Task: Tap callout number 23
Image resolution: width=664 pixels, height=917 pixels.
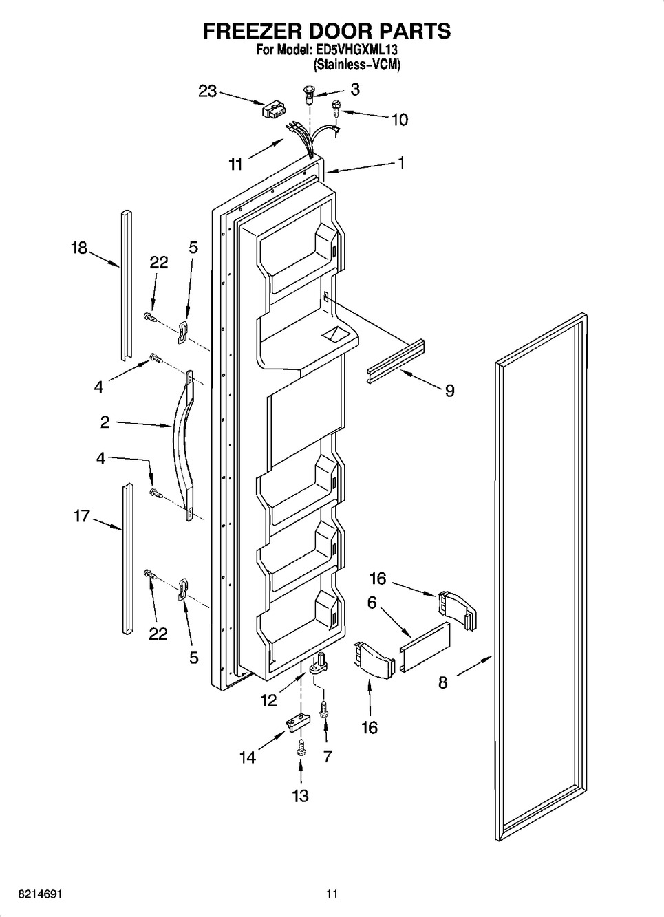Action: point(208,91)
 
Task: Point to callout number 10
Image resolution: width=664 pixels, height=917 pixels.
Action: point(399,120)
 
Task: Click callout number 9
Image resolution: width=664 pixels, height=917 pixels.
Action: point(449,391)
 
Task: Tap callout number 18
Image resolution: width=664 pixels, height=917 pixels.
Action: point(79,248)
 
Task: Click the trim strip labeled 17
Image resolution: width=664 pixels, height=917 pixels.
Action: point(126,557)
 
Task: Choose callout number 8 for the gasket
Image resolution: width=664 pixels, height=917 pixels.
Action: point(442,682)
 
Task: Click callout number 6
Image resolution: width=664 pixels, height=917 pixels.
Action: point(372,603)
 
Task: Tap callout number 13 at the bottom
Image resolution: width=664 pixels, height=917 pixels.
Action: point(300,796)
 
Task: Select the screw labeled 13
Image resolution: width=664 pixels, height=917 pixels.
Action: point(300,747)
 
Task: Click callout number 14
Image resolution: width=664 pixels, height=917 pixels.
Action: point(248,757)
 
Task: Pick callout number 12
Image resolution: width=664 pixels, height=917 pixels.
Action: point(268,701)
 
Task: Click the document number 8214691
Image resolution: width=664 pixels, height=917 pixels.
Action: point(32,894)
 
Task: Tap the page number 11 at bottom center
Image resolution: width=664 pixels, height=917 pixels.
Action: point(332,894)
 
